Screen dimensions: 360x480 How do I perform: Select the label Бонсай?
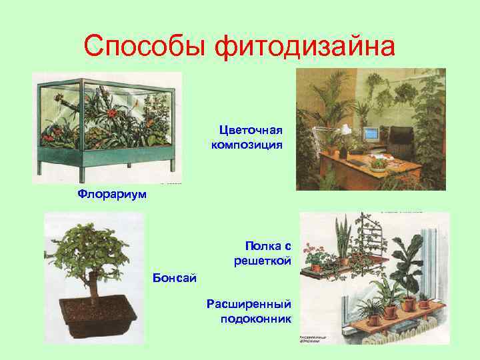click(175, 277)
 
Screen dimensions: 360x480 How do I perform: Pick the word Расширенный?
click(249, 304)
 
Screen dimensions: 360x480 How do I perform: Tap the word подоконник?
click(255, 319)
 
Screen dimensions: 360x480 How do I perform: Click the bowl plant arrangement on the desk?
click(379, 163)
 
